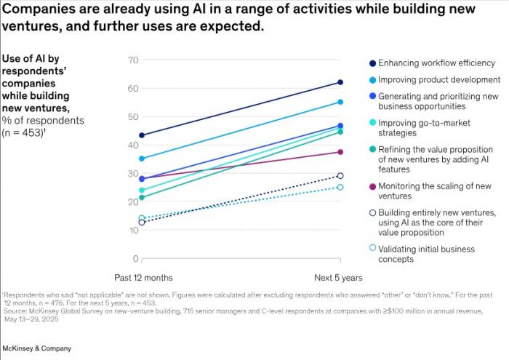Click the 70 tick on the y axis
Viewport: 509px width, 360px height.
click(133, 60)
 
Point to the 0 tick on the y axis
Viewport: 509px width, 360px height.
click(136, 259)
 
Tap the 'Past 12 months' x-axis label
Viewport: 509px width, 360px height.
click(143, 278)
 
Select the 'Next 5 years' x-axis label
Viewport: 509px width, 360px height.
click(338, 278)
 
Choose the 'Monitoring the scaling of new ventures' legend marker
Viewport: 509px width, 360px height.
click(372, 187)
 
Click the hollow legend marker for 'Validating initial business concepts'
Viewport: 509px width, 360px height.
click(372, 248)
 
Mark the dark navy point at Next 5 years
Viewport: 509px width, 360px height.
click(340, 82)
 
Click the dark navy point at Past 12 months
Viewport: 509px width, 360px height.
click(142, 135)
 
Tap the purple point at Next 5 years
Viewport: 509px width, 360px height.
click(340, 152)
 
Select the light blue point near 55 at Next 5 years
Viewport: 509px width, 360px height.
click(340, 102)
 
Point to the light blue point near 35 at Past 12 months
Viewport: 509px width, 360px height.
click(142, 159)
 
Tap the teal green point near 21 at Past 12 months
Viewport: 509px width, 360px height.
click(142, 197)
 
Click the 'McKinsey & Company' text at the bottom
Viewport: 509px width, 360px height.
click(36, 348)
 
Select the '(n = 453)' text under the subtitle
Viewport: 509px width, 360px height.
click(23, 133)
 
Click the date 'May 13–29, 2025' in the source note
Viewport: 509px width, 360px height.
click(31, 319)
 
